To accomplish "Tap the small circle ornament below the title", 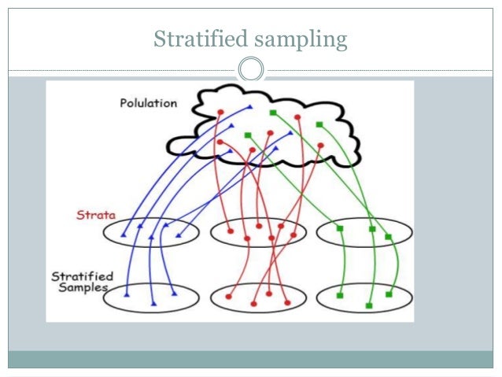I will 250,70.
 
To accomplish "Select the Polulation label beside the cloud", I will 149,102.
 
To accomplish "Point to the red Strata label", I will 92,214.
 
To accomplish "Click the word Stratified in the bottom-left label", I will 83,276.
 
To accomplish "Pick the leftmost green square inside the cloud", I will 248,135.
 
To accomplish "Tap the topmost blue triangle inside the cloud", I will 249,107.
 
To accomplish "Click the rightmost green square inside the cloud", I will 319,124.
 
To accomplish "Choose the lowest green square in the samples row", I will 368,305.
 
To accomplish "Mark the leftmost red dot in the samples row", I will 228,297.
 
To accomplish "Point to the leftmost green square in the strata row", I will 340,229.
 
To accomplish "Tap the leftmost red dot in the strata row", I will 230,231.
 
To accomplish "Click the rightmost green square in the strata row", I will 388,237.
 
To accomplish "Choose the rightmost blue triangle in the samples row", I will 174,295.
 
